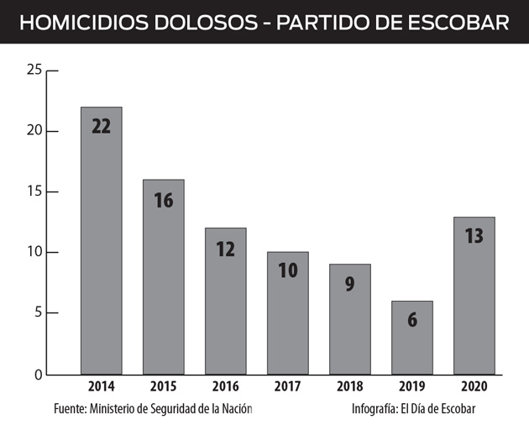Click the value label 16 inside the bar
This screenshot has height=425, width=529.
163,201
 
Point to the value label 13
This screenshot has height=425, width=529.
474,236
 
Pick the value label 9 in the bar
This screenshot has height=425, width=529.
349,284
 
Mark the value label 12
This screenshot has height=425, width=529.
225,249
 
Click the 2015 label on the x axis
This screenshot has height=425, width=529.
163,387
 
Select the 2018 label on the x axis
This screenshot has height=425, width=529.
349,387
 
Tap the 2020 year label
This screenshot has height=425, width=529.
474,387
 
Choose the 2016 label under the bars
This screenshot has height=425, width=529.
225,387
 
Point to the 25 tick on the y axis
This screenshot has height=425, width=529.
34,70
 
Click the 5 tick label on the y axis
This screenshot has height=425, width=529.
38,313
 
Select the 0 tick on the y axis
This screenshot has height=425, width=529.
38,374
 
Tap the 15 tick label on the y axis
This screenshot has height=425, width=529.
34,192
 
